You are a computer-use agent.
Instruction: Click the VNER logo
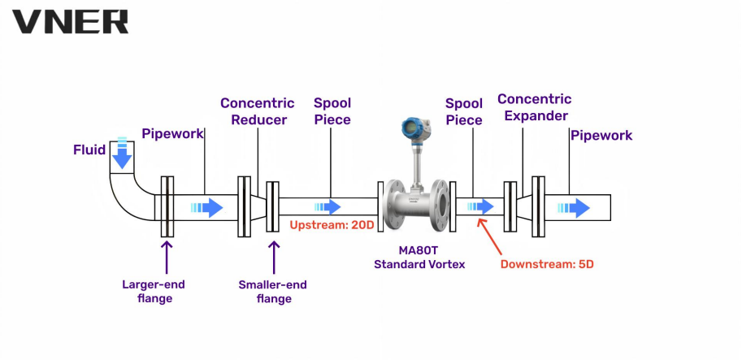(70, 21)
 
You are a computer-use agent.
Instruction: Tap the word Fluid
(89, 150)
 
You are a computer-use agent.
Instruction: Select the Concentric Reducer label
(258, 111)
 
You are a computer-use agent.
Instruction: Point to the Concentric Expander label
(534, 107)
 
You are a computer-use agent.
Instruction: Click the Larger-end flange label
(154, 291)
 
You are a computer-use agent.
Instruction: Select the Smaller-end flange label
(273, 291)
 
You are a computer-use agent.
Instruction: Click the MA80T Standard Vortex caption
(419, 258)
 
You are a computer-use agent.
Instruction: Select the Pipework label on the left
(172, 133)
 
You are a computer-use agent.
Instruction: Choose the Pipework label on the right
(601, 135)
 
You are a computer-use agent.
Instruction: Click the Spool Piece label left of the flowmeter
(332, 111)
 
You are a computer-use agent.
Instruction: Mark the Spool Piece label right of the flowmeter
(464, 111)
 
